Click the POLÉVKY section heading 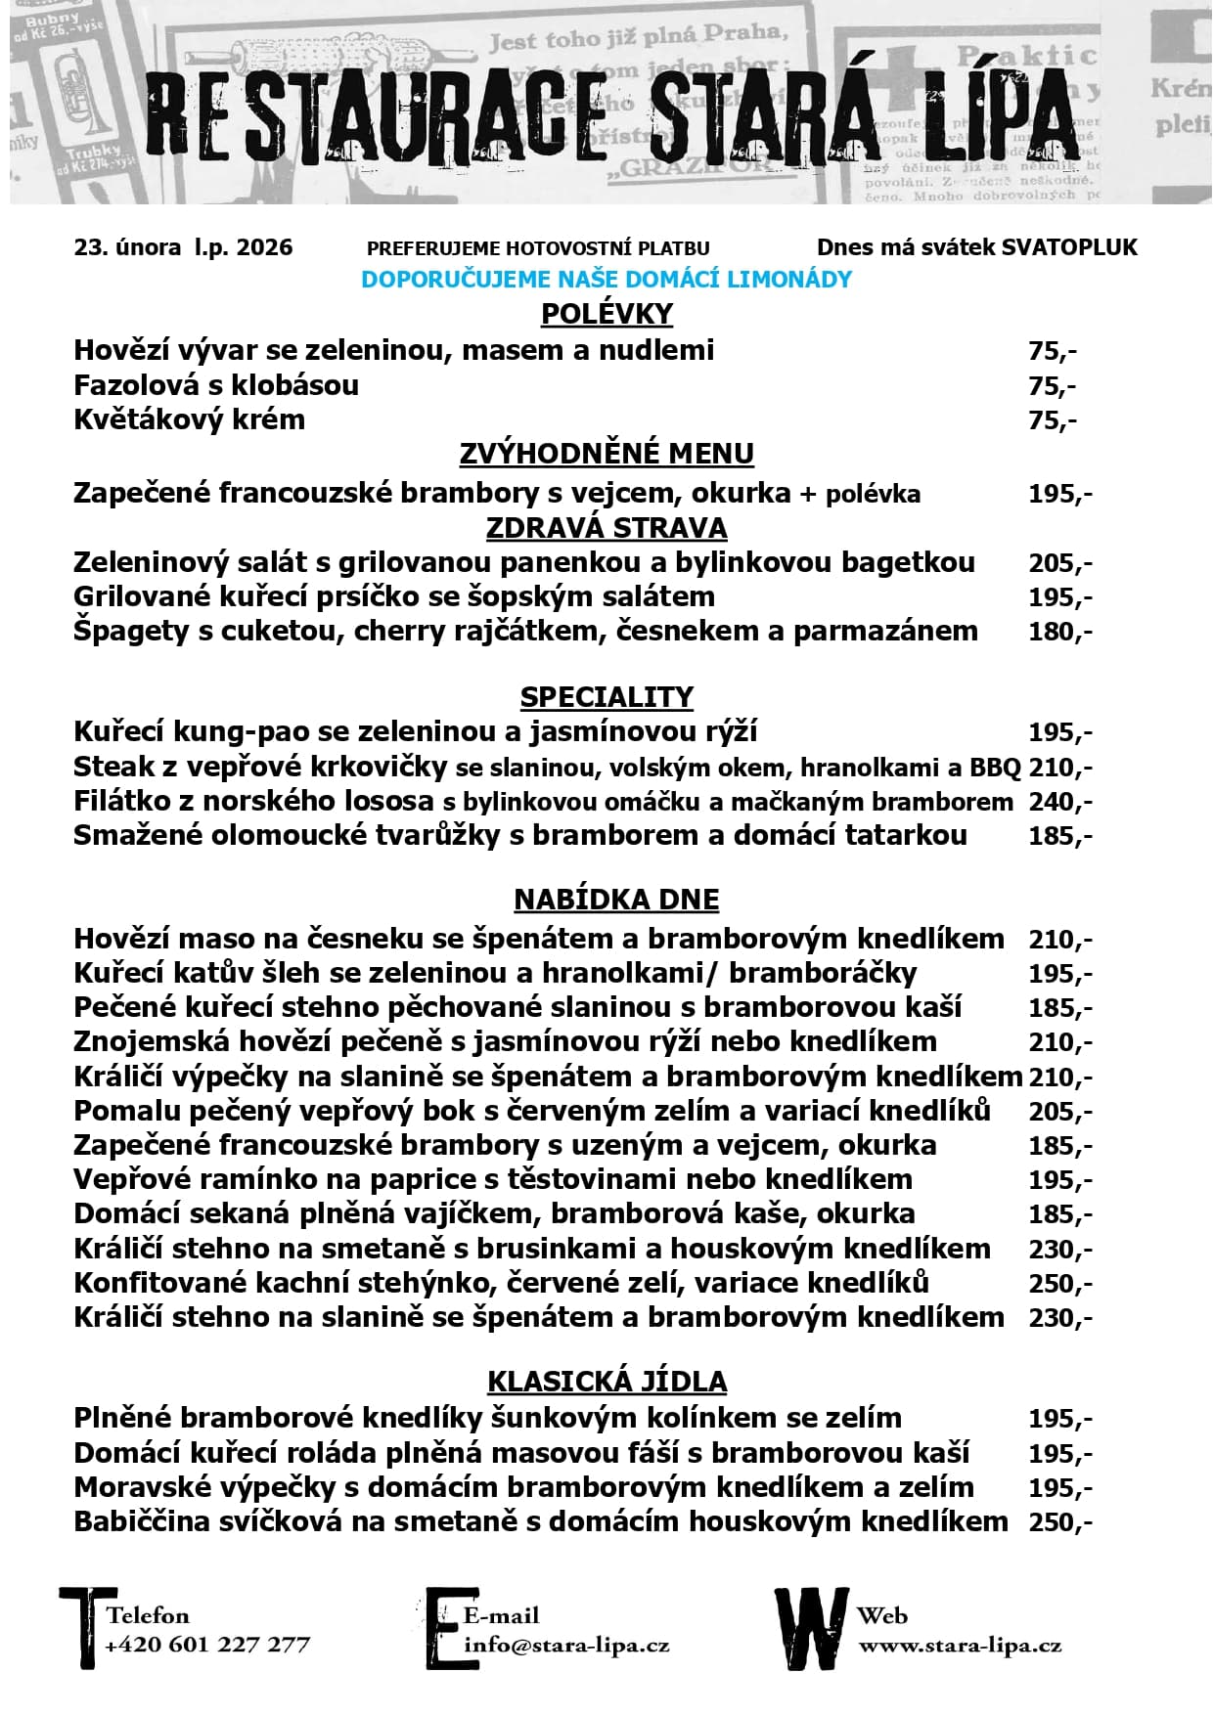tap(607, 314)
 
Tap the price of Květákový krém tap(1053, 420)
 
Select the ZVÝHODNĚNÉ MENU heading tap(607, 454)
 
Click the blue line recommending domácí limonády tap(607, 280)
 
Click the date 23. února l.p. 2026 tap(183, 247)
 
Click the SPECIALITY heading tap(607, 697)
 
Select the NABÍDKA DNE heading tap(616, 900)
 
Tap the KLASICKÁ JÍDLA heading tap(607, 1382)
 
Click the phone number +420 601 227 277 tap(207, 1645)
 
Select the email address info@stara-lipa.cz tap(566, 1645)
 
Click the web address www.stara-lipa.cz tap(960, 1646)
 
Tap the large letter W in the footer tap(810, 1628)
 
